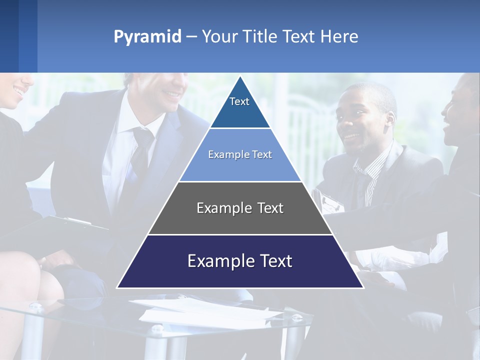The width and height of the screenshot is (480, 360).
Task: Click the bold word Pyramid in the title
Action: point(147,37)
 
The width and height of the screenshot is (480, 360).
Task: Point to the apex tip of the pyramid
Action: point(240,78)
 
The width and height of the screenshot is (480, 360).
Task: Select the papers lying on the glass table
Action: point(210,312)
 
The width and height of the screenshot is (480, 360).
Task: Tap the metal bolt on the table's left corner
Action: point(36,306)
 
